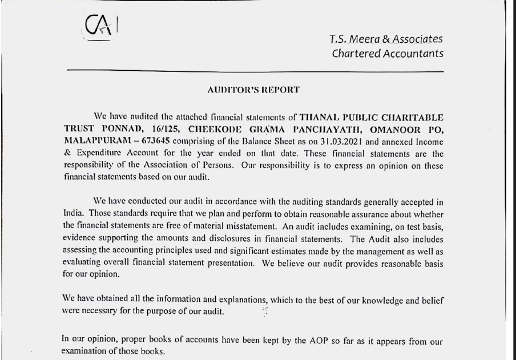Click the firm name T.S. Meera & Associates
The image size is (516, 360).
(386, 39)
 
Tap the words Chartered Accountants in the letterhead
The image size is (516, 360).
(388, 54)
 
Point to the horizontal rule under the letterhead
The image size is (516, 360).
(255, 71)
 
